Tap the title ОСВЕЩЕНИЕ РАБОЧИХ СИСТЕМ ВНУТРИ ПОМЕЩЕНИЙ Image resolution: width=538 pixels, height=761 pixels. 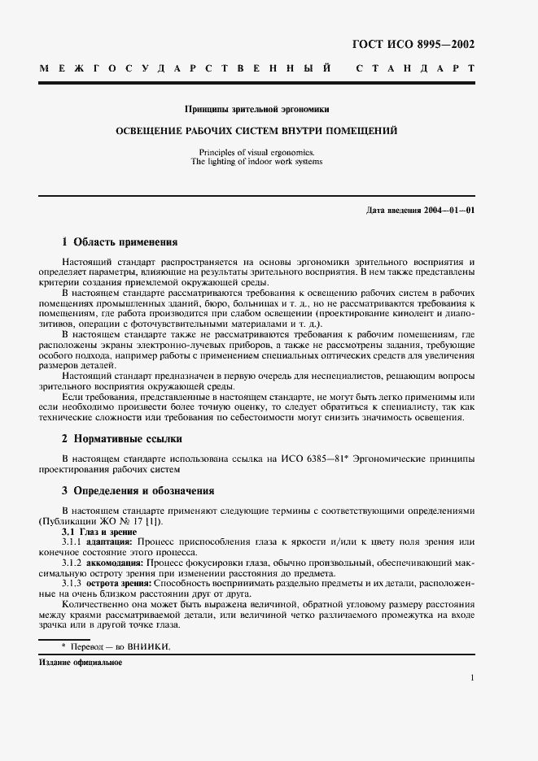click(256, 130)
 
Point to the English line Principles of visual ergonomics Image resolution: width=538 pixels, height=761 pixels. click(256, 152)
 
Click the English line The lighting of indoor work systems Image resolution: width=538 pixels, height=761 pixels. click(256, 162)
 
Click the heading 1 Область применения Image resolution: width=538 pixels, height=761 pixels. click(120, 241)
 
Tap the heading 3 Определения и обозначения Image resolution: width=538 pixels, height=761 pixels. click(138, 491)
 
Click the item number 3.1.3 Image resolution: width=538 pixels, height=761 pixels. click(75, 584)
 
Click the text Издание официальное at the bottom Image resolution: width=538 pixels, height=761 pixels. click(81, 663)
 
